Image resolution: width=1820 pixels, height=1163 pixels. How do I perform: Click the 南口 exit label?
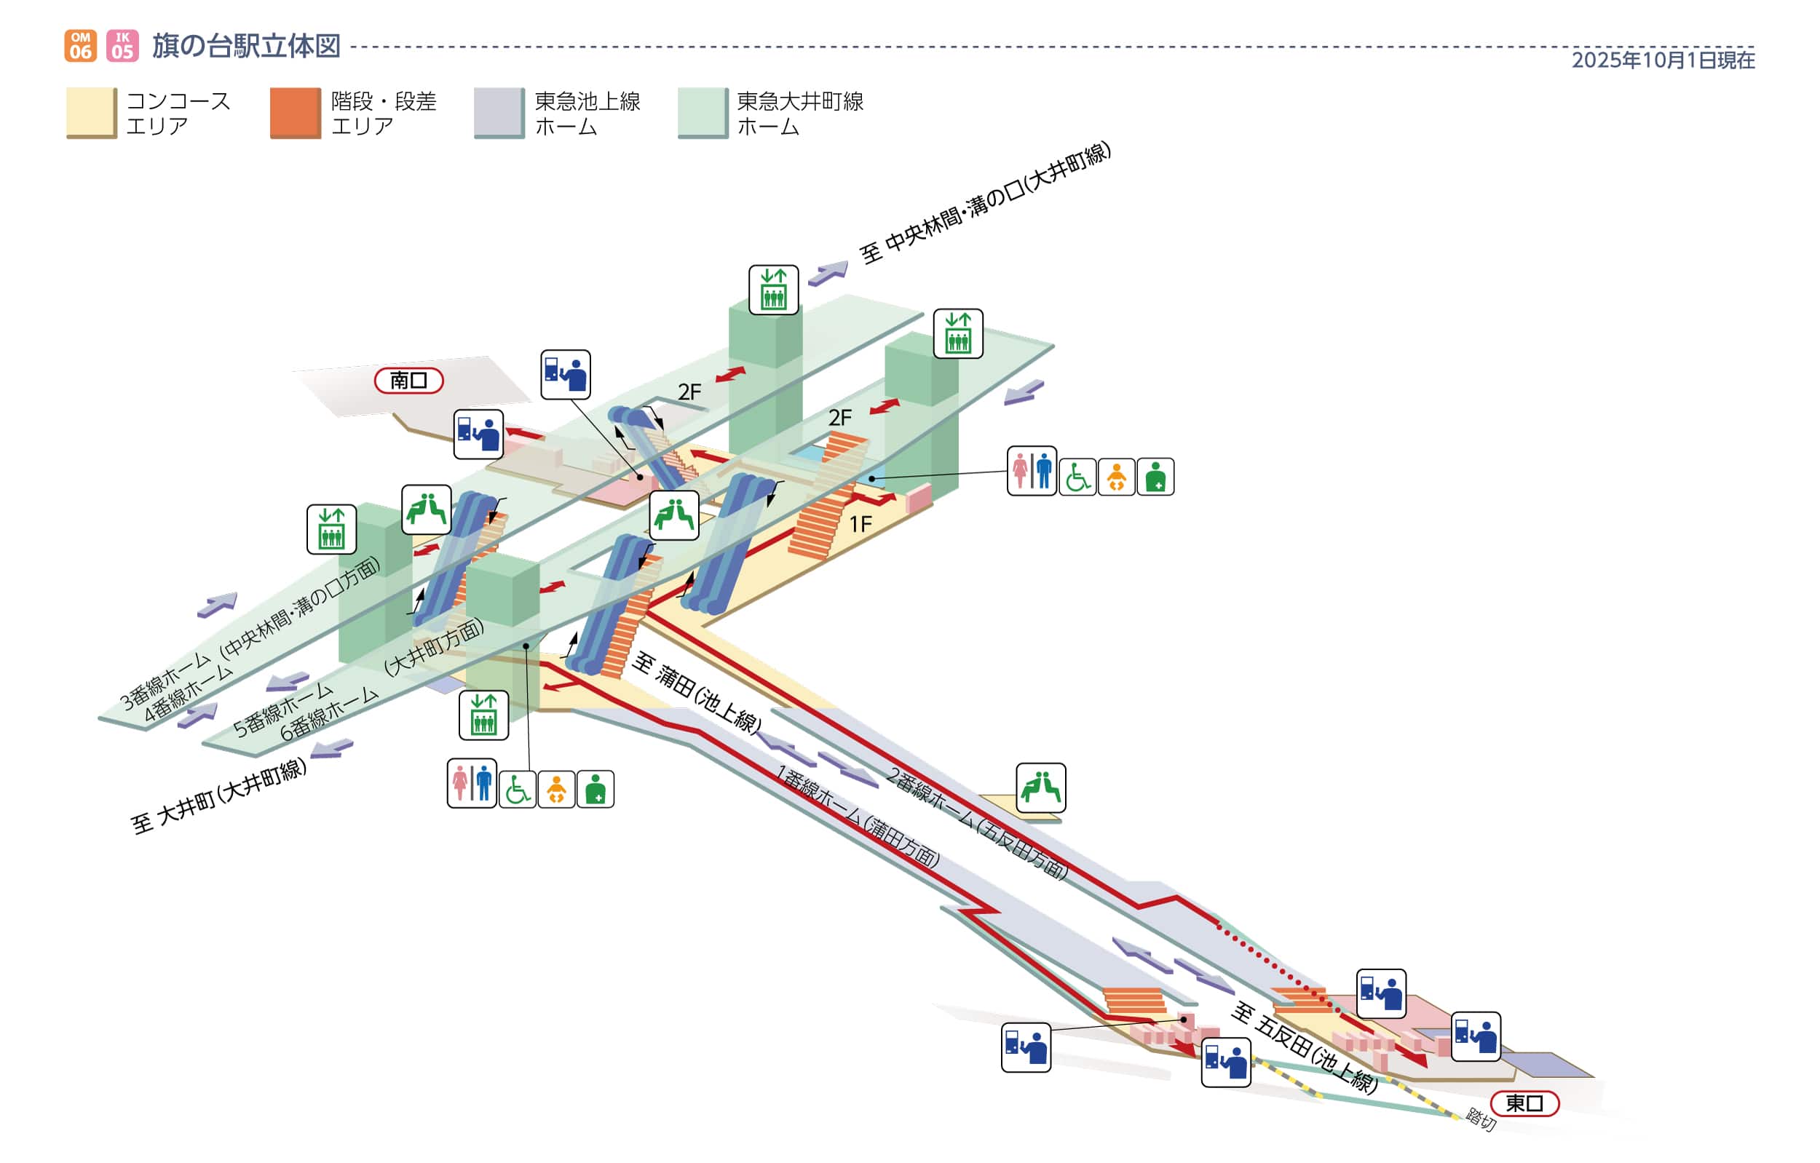[x=408, y=380]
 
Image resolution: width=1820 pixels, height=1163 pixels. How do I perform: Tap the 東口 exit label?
[x=1524, y=1103]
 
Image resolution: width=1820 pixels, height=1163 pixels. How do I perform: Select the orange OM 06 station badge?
[x=80, y=45]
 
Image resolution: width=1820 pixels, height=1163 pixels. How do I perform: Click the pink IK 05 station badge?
[x=122, y=45]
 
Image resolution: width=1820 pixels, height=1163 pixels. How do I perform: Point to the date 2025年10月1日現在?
[x=1663, y=60]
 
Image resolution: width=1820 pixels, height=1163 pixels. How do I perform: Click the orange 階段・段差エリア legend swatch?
[x=296, y=113]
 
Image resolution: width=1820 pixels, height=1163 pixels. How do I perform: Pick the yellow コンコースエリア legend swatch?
[x=92, y=113]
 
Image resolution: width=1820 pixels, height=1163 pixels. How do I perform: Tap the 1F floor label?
[x=860, y=524]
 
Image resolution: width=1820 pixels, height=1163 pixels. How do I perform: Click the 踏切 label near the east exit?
[x=1481, y=1119]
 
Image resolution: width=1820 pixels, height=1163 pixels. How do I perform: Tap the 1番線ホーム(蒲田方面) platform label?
[x=858, y=816]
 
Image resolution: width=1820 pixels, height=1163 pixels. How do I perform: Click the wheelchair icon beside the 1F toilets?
[x=1077, y=477]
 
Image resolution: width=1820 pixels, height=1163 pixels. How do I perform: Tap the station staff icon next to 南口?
[x=478, y=434]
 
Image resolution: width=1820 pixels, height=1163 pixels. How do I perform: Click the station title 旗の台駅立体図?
[x=246, y=46]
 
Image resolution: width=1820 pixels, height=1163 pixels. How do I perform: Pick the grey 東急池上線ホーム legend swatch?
[x=499, y=113]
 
